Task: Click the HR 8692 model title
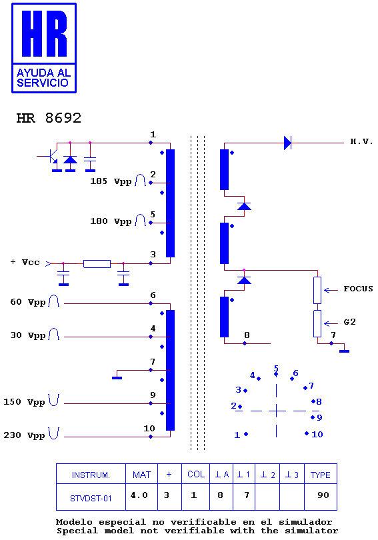tap(49, 118)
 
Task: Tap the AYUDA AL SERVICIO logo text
tap(44, 78)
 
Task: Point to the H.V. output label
tap(361, 141)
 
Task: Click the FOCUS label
tap(358, 289)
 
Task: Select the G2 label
tap(349, 322)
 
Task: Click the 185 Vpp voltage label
tap(111, 181)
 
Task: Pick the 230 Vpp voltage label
tap(24, 435)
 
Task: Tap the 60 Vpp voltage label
tap(27, 302)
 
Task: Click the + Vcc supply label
tap(25, 262)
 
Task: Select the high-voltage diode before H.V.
tap(288, 143)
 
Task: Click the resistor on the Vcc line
tap(97, 264)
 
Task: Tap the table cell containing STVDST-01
tap(91, 497)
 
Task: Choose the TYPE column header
tap(321, 474)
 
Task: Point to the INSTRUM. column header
tap(91, 474)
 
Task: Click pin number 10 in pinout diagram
tap(317, 434)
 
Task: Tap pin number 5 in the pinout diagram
tap(276, 368)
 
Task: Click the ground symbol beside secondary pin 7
tap(344, 351)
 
